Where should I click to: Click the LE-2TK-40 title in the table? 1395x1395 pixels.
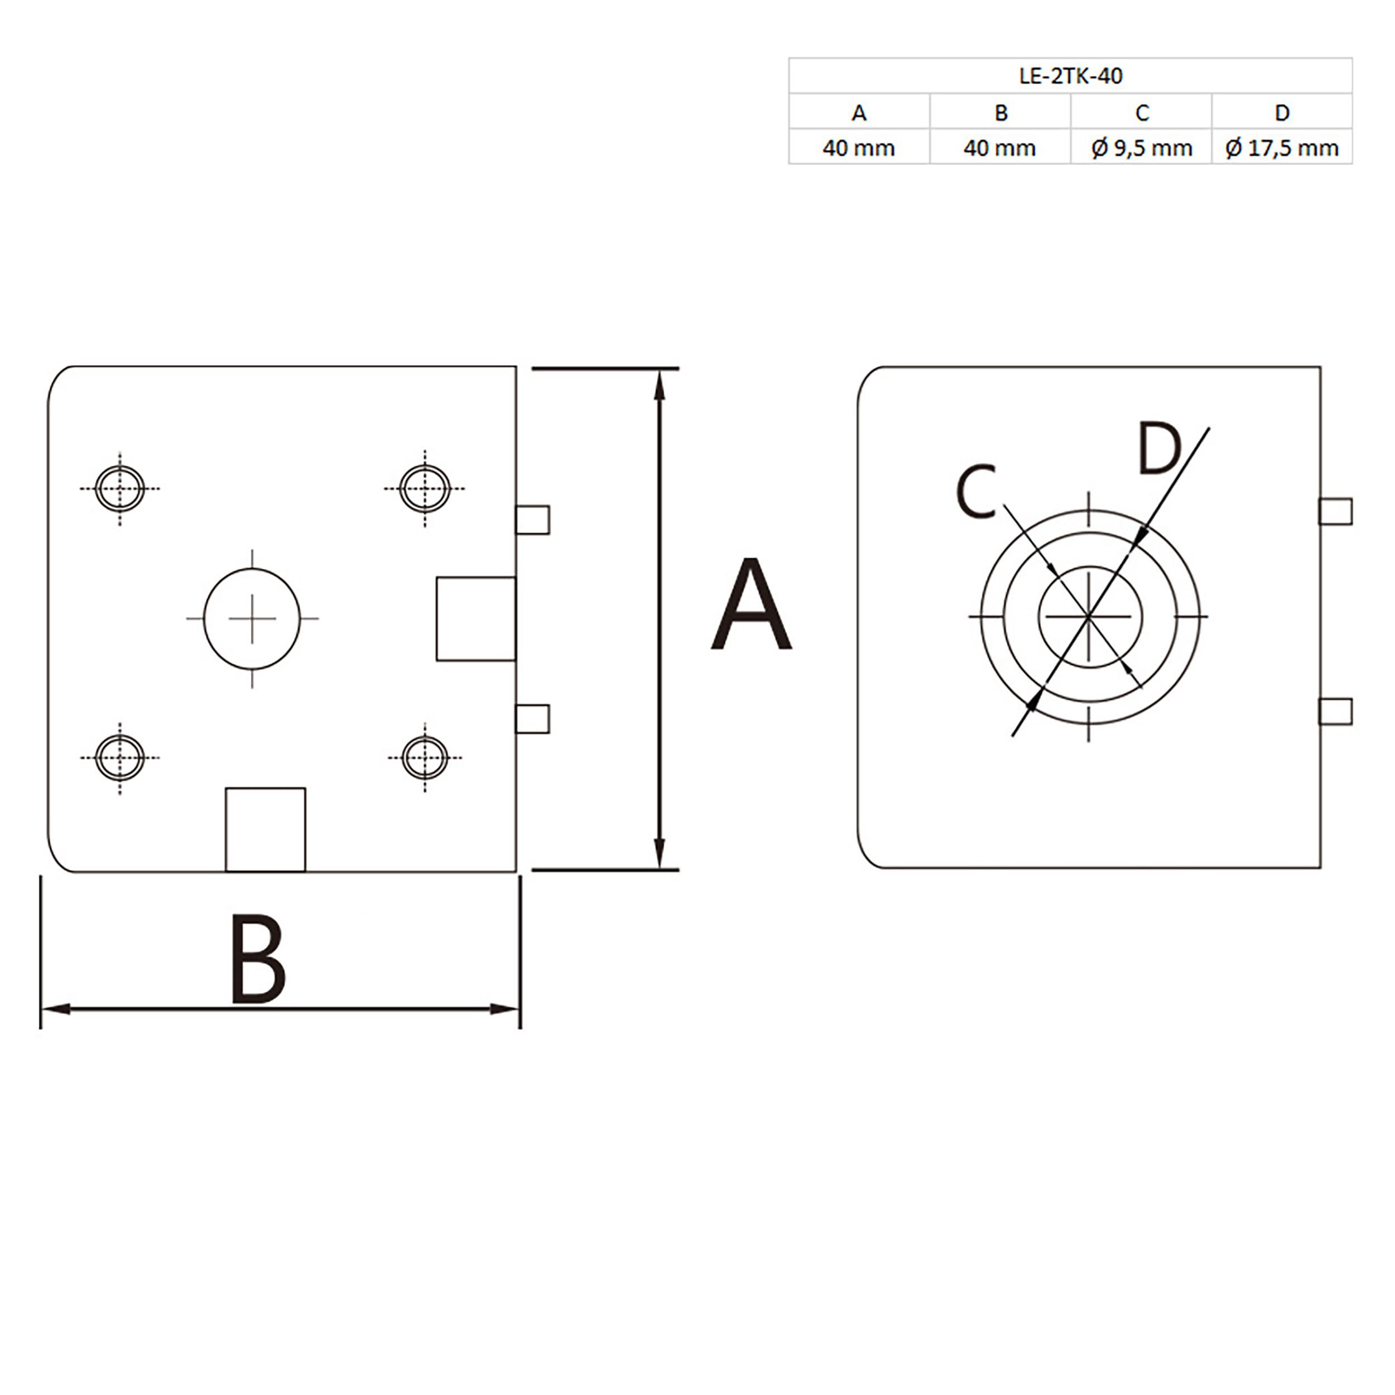click(1071, 76)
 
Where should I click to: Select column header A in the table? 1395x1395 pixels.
click(859, 113)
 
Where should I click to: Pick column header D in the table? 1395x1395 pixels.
click(1282, 113)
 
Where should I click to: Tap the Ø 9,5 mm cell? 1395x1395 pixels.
click(1142, 148)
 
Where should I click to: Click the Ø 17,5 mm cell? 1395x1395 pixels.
click(1282, 148)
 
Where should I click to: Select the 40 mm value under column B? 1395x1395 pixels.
click(1000, 148)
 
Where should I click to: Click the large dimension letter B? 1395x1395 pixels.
click(258, 959)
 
